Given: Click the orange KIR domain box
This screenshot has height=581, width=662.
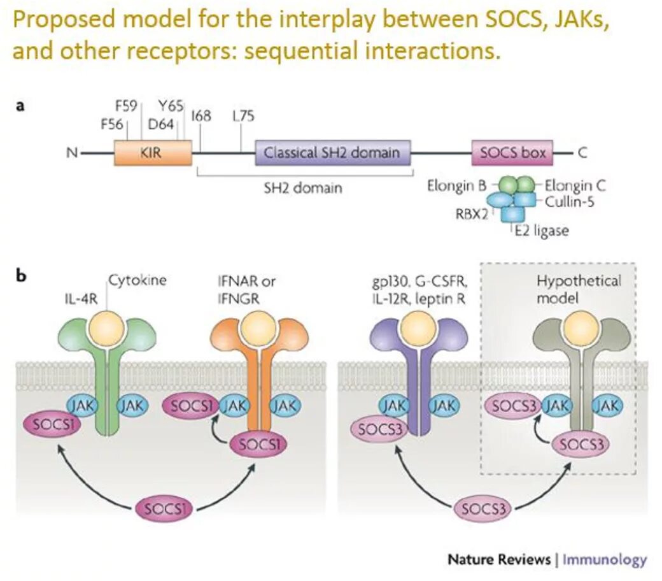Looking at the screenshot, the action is point(153,152).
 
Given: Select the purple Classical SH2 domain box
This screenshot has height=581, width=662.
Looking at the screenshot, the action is point(333,152).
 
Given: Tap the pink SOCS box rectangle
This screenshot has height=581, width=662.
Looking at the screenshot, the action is point(512,152).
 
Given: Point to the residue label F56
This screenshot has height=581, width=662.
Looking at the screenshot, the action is point(111,124).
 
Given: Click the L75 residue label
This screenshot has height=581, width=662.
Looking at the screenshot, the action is point(244,115).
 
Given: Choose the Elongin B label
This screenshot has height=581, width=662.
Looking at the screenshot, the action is point(456,185).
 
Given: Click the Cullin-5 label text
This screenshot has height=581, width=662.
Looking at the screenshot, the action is point(570,201).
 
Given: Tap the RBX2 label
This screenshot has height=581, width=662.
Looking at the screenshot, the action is point(472,214).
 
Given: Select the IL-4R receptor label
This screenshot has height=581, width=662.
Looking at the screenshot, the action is point(81,299).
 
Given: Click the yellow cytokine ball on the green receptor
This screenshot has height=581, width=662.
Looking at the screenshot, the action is point(107,330).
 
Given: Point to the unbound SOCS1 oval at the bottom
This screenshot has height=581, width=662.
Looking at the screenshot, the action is point(164,509).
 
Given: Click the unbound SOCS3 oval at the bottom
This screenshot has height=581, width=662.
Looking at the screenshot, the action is point(483,509).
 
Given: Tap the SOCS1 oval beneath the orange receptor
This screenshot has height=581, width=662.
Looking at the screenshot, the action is point(259,445).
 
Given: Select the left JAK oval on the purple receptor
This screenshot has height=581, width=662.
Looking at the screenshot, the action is point(393,406).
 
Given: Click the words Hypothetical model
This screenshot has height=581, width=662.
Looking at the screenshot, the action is point(579,289).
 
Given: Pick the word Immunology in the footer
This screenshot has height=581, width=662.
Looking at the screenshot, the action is point(605,559).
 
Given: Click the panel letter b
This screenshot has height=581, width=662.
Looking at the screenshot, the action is point(21,275).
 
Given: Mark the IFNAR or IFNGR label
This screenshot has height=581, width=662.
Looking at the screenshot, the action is point(246,289).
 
